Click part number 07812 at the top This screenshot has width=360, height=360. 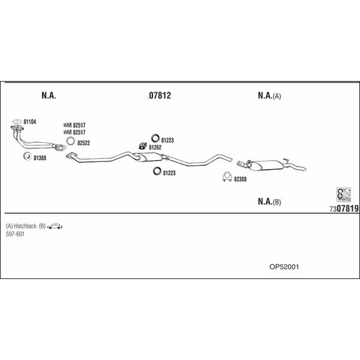click(160, 95)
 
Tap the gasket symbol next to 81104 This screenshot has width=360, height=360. click(17, 121)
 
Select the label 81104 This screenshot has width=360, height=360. click(29, 122)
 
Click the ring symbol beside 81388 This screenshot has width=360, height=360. click(28, 156)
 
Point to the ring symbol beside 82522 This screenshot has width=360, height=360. click(71, 141)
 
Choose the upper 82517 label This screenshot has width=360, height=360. click(79, 125)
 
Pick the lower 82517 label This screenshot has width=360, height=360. click(79, 132)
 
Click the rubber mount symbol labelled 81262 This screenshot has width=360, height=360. click(143, 146)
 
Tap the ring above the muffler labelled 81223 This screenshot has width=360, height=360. click(155, 138)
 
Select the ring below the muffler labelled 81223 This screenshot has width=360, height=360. click(157, 171)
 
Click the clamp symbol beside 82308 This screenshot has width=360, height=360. click(227, 176)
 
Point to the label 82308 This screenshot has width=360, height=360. click(240, 179)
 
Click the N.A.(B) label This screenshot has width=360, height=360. click(269, 202)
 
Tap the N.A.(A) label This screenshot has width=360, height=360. click(269, 95)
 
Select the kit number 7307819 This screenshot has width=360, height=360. click(344, 209)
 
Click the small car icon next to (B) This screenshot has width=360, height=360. click(55, 226)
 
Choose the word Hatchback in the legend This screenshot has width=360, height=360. click(25, 226)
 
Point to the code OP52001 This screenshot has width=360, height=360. click(284, 267)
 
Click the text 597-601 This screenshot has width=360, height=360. click(15, 234)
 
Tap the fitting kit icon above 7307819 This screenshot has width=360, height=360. click(343, 194)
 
